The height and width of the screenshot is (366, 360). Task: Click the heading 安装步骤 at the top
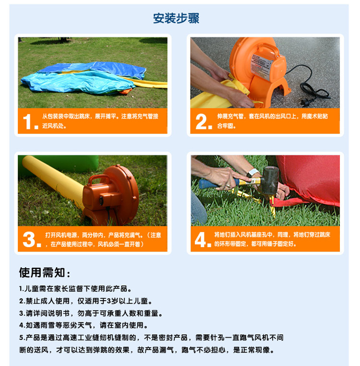(x=176, y=18)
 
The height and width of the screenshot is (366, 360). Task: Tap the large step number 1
(x=28, y=122)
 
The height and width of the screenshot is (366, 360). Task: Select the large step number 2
(x=201, y=122)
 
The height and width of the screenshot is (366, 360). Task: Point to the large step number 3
(x=29, y=239)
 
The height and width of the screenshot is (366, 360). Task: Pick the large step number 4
(x=201, y=239)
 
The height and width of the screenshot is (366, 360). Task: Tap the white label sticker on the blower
(x=262, y=65)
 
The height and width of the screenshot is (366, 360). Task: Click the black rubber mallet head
(x=271, y=180)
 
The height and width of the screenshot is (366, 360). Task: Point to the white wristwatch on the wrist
(x=252, y=173)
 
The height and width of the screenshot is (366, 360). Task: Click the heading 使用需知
(x=44, y=272)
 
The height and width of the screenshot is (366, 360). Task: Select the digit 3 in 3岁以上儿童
(x=108, y=301)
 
